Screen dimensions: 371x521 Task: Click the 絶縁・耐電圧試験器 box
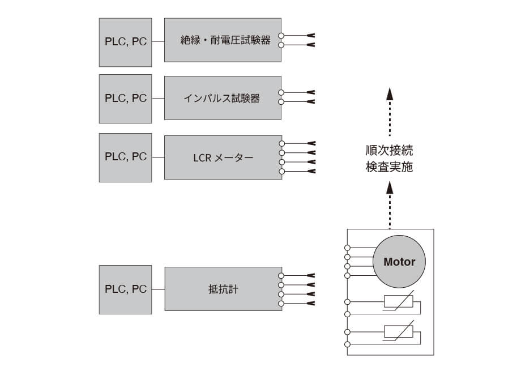(223, 40)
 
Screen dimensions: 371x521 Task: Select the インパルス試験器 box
(223, 98)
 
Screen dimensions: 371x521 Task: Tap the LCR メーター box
(223, 157)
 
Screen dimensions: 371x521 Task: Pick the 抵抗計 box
(223, 289)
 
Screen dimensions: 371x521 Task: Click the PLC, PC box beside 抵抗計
(125, 289)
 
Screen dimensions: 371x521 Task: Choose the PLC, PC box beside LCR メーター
(125, 157)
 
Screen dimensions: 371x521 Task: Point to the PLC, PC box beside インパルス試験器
(125, 98)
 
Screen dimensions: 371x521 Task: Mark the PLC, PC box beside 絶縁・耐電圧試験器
(125, 40)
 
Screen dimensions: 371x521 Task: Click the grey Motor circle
(399, 262)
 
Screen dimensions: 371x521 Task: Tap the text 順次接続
(389, 151)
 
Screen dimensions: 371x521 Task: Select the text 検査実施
(389, 168)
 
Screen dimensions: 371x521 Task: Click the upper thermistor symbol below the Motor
(398, 302)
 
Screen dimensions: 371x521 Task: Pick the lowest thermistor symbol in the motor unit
(398, 332)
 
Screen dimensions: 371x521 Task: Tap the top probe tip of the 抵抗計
(310, 275)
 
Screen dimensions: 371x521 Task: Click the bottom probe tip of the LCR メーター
(310, 171)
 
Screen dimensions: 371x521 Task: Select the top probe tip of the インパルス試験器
(310, 92)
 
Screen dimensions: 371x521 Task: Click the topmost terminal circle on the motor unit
(347, 248)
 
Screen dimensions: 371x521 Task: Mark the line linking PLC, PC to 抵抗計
(158, 289)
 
